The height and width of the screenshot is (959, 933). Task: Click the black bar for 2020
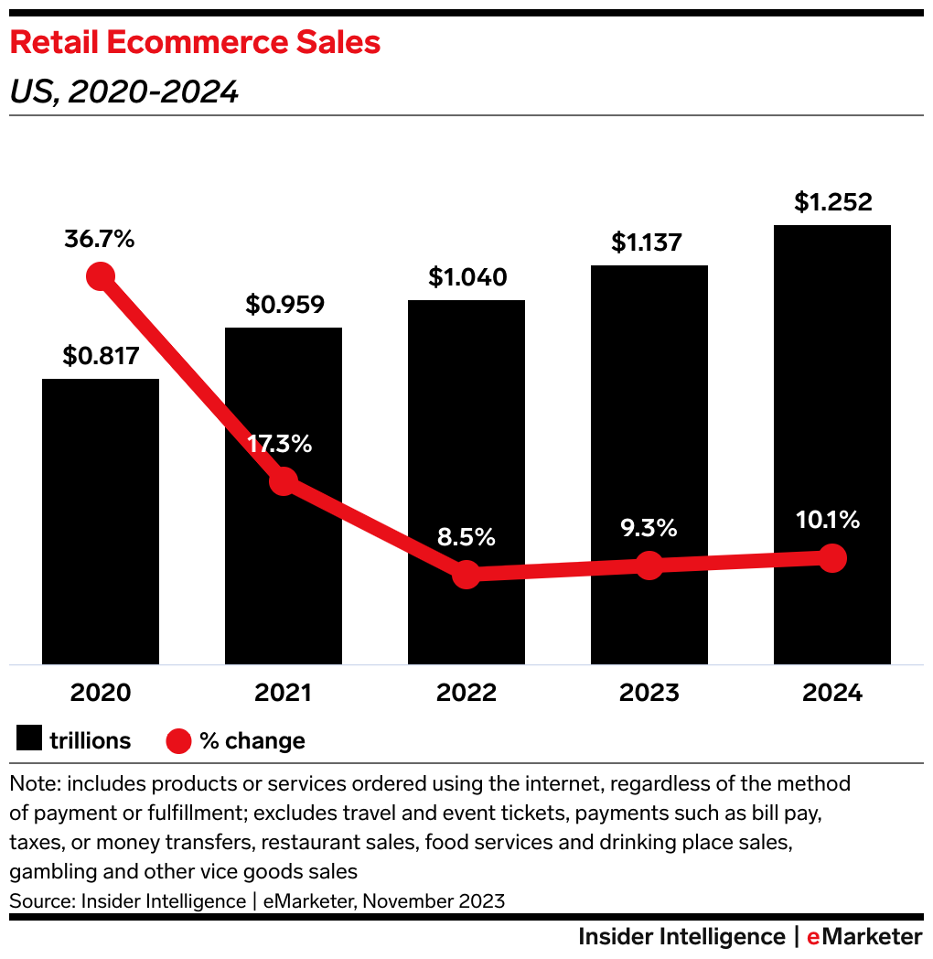point(101,522)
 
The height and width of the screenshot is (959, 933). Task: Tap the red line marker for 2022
point(466,575)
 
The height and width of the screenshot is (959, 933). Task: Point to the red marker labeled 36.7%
point(100,275)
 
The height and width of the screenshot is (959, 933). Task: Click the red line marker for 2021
point(284,480)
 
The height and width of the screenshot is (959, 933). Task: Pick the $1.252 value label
point(832,202)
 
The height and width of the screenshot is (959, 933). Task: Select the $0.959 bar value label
point(284,305)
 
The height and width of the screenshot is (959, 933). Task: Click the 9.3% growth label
point(649,528)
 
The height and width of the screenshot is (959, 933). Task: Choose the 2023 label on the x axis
point(649,693)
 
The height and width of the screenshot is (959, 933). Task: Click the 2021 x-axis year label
point(284,693)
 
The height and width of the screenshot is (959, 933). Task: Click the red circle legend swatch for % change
point(178,739)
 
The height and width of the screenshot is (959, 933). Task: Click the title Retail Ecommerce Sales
point(195,43)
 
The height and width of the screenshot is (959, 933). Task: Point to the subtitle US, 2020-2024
point(123,92)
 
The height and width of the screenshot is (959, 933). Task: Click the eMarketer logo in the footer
point(864,937)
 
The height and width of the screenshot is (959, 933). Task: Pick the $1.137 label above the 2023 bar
point(649,242)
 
